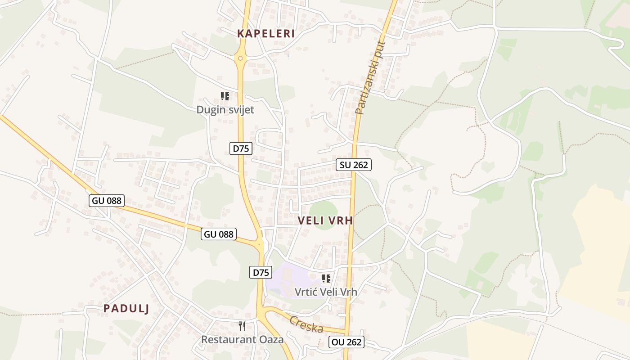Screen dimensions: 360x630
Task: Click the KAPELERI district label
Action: pyautogui.click(x=266, y=34)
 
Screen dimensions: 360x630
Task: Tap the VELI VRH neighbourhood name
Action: pyautogui.click(x=325, y=220)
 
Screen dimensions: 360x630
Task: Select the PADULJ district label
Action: pyautogui.click(x=126, y=308)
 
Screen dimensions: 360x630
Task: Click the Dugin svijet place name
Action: pyautogui.click(x=225, y=110)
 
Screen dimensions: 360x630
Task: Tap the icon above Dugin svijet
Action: pyautogui.click(x=225, y=96)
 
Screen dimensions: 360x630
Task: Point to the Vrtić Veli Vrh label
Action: pyautogui.click(x=326, y=292)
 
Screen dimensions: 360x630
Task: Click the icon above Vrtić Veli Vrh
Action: pyautogui.click(x=326, y=279)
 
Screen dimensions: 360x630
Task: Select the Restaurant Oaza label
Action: pyautogui.click(x=242, y=339)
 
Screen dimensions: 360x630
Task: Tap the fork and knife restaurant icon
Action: pyautogui.click(x=242, y=326)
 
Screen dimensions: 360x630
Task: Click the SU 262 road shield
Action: pyautogui.click(x=354, y=165)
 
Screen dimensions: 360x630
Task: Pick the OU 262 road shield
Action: pyautogui.click(x=346, y=342)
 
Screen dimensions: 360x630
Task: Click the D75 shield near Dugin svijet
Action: pyautogui.click(x=241, y=148)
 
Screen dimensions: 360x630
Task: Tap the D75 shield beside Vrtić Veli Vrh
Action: pyautogui.click(x=261, y=272)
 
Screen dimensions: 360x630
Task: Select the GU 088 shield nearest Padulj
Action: pyautogui.click(x=107, y=201)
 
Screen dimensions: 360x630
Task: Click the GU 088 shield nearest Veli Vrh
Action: pyautogui.click(x=219, y=234)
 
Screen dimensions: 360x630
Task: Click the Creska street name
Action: pyautogui.click(x=306, y=324)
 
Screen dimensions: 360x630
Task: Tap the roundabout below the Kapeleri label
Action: pyautogui.click(x=241, y=58)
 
